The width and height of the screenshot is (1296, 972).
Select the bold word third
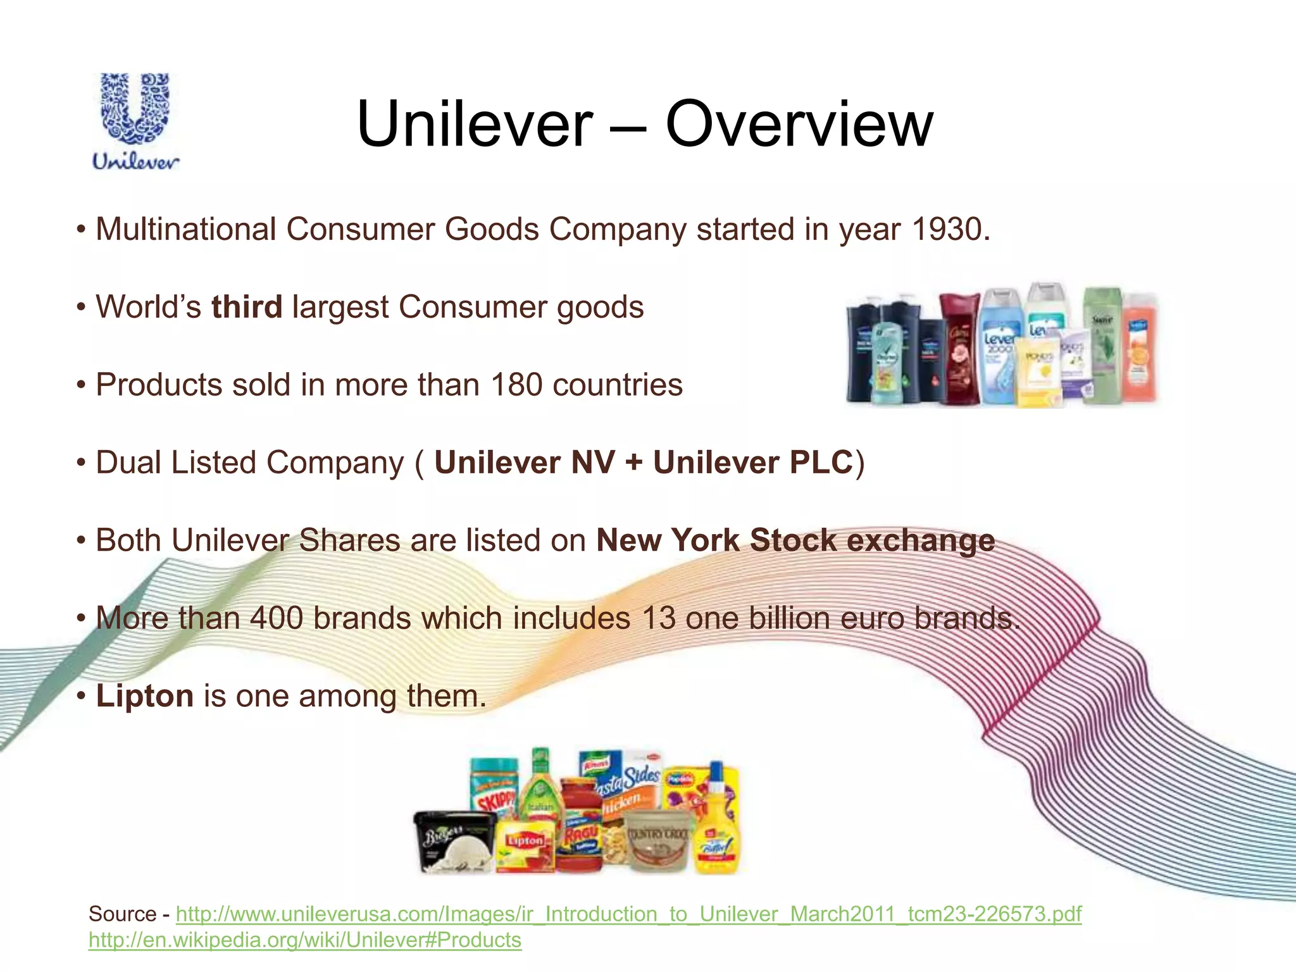(246, 307)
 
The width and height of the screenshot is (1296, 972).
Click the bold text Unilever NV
(524, 463)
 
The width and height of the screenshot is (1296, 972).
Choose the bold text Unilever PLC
(753, 463)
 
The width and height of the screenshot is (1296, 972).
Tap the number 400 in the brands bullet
(277, 618)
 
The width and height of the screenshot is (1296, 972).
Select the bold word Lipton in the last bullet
(144, 696)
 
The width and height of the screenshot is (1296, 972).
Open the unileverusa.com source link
(628, 914)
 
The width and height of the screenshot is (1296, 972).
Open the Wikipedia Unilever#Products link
(304, 940)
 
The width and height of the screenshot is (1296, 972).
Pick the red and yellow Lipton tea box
(526, 845)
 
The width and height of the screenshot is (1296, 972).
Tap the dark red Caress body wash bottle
(959, 351)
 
